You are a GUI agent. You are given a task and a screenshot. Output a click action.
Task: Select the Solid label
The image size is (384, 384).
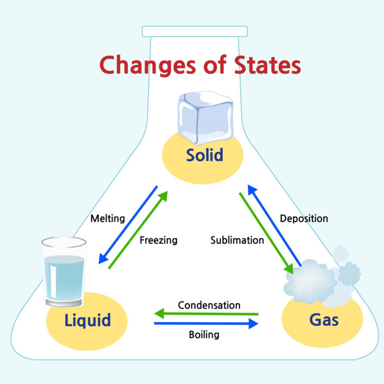(205, 156)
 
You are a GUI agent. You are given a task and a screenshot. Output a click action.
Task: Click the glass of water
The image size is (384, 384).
(64, 272)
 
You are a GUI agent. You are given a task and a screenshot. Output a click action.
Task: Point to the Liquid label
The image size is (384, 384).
(88, 320)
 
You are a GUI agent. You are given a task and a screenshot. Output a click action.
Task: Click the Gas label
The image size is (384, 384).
(323, 320)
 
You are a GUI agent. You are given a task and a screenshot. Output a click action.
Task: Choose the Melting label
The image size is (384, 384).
(108, 218)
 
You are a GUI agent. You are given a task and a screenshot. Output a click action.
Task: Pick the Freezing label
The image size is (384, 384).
(158, 241)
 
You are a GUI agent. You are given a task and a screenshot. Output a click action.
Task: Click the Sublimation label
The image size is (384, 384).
(237, 241)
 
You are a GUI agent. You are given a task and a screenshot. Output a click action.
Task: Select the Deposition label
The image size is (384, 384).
(304, 218)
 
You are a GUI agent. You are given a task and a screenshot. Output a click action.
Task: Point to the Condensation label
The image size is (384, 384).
(209, 305)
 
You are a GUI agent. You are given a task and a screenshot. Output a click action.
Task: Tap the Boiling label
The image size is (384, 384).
(204, 334)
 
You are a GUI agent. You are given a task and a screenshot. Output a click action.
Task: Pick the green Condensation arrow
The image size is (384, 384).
(206, 314)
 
